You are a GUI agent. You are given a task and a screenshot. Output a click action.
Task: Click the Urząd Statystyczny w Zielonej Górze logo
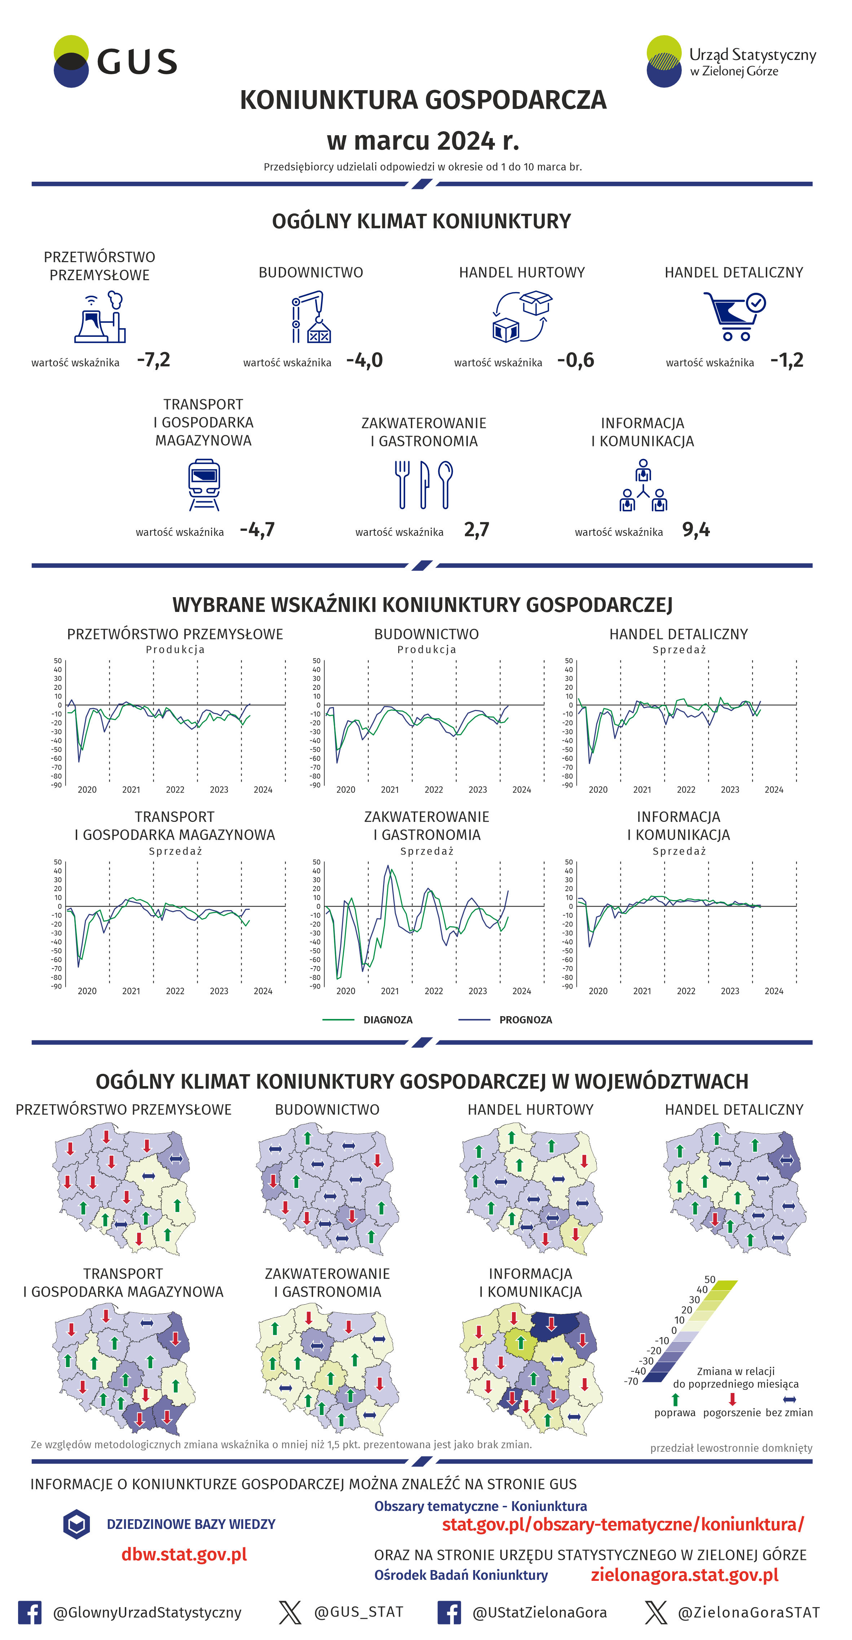[x=730, y=61]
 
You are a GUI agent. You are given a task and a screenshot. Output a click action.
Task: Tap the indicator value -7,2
[x=153, y=360]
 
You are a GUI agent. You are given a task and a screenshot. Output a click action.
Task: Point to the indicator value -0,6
[x=576, y=360]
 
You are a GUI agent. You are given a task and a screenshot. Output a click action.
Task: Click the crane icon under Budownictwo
[x=311, y=317]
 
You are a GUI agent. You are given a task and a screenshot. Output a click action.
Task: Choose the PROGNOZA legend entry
[x=525, y=1019]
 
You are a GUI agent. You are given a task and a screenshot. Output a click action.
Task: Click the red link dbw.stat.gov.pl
[x=184, y=1554]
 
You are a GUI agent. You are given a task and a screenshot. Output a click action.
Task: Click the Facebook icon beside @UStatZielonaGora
[x=449, y=1612]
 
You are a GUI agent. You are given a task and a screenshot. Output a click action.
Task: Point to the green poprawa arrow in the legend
[x=675, y=1399]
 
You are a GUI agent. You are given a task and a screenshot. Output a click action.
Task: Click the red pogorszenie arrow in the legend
[x=732, y=1399]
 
